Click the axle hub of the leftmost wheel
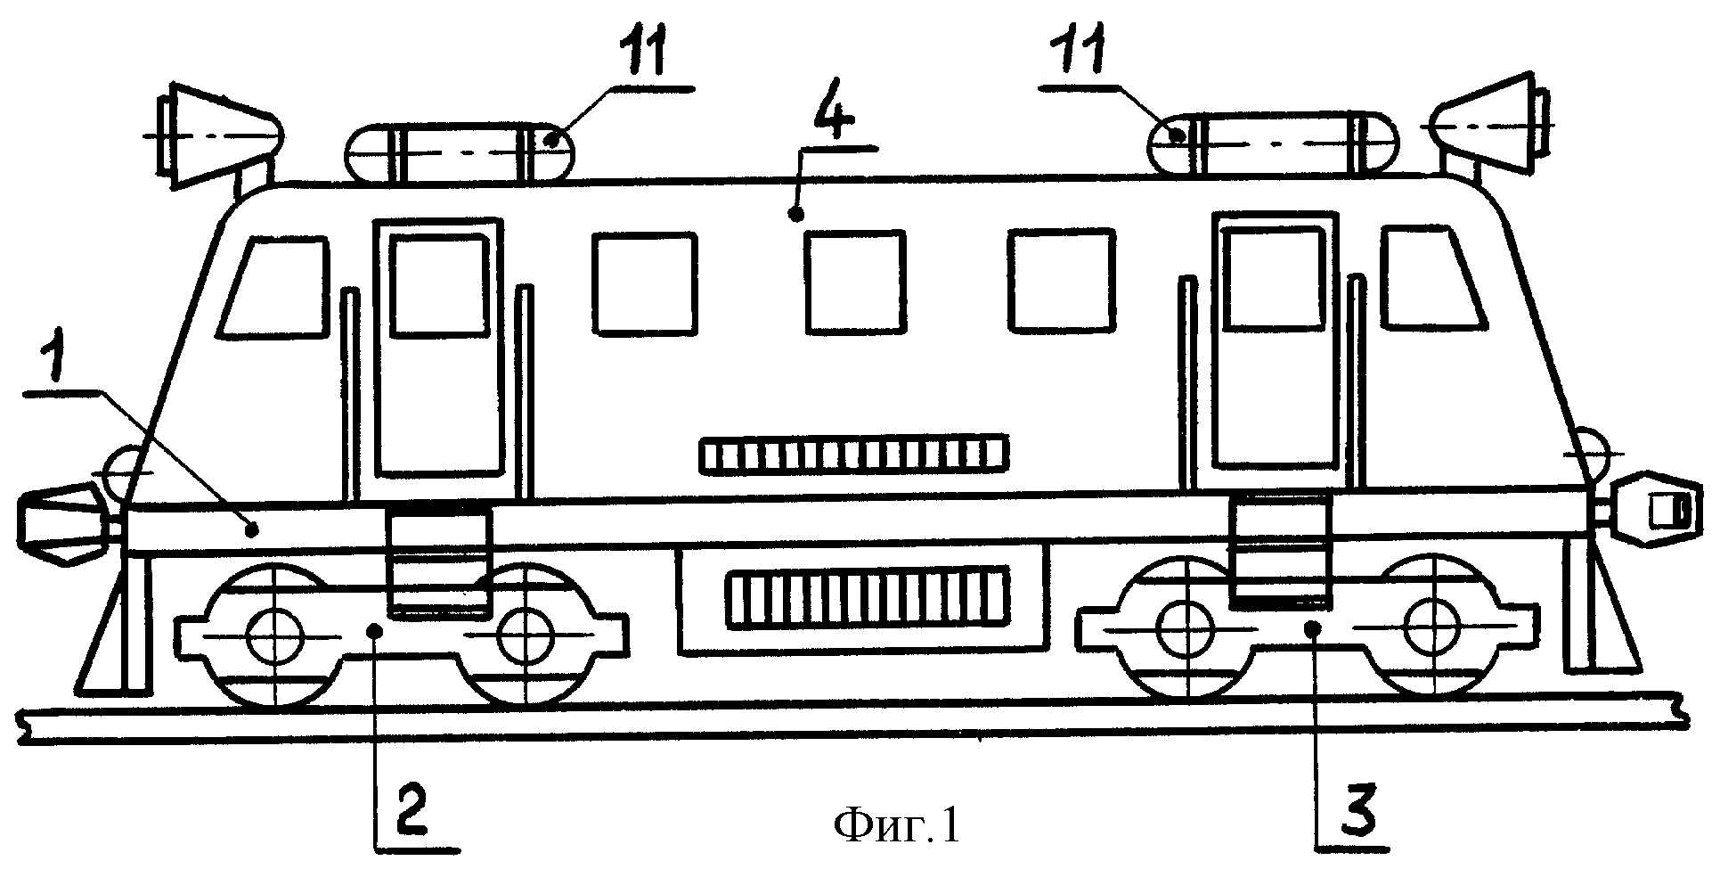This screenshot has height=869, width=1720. pos(276,635)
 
